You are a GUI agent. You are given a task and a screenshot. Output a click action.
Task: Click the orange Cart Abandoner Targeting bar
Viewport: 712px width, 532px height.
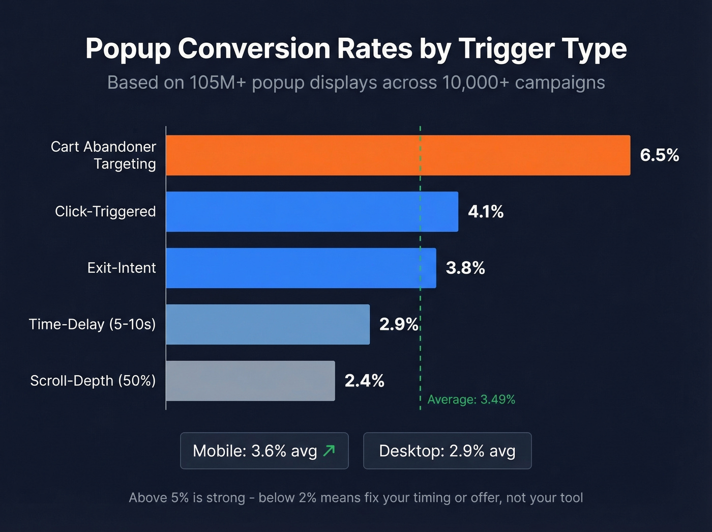click(398, 155)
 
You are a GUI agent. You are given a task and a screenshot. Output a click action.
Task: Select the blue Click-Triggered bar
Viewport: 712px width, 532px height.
click(312, 212)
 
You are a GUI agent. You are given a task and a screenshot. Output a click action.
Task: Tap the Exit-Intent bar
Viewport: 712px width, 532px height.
click(301, 268)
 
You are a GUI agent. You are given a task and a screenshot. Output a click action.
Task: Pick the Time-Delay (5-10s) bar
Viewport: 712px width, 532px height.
click(268, 325)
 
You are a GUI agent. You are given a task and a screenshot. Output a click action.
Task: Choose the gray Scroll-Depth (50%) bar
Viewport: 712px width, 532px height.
click(250, 381)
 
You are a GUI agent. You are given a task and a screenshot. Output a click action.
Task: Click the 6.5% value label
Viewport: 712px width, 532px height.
click(659, 155)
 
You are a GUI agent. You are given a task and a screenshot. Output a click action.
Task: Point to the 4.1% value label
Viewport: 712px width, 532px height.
click(486, 212)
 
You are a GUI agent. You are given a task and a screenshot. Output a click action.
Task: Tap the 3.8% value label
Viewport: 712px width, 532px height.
click(465, 268)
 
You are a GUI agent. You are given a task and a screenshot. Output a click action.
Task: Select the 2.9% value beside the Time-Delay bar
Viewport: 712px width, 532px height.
click(399, 325)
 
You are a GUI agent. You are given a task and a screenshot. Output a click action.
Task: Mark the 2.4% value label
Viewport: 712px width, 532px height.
click(364, 381)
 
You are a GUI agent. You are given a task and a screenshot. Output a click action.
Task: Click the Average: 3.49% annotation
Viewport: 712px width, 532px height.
click(471, 400)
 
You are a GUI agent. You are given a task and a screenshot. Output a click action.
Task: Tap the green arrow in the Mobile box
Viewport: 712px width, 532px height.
click(329, 451)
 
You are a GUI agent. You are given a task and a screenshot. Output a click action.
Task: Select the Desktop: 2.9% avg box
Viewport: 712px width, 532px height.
click(447, 451)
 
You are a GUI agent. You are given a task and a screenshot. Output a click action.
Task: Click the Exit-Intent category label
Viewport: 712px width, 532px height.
click(122, 268)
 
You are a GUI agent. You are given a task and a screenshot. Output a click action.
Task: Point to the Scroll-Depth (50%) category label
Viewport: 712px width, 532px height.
click(93, 381)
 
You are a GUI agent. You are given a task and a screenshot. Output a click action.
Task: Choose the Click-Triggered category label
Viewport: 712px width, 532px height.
click(105, 212)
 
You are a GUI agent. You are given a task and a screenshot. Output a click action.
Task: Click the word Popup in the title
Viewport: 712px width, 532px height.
click(129, 49)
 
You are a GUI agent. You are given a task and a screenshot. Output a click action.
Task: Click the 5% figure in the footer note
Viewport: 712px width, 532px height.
click(180, 498)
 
